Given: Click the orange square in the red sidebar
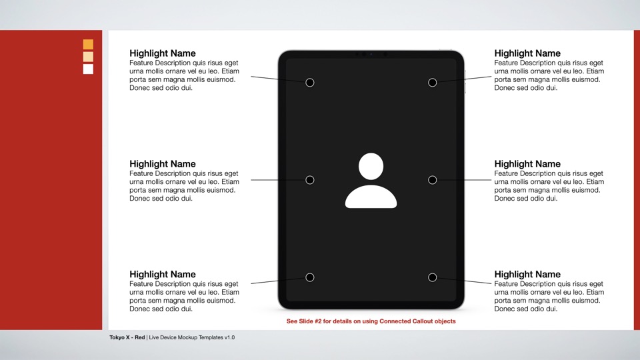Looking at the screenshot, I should (x=88, y=45).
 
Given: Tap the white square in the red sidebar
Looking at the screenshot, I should (x=88, y=69).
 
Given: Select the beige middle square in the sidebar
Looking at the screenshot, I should (x=88, y=57).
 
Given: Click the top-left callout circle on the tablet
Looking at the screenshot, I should (x=309, y=83).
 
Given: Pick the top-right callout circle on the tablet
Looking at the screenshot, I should (x=432, y=83).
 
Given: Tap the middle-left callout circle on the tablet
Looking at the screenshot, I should (x=309, y=180).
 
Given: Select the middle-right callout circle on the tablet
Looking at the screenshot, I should (x=432, y=180).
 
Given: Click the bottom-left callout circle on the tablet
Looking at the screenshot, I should (x=309, y=277).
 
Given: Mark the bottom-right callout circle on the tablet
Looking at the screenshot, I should (x=432, y=277).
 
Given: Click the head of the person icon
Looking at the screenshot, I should (x=371, y=166).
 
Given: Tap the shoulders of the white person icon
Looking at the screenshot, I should (x=371, y=198).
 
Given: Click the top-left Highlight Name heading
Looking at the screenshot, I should (x=163, y=53).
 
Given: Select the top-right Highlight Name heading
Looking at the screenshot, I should (x=527, y=53).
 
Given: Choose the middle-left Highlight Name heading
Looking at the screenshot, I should (x=163, y=164).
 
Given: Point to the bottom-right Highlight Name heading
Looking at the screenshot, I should (x=527, y=275).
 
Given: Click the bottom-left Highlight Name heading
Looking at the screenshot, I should (x=163, y=275).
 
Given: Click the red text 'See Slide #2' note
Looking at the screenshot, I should (x=371, y=321).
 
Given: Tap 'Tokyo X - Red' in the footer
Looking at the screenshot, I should (x=127, y=337).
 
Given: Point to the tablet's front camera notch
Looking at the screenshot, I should (x=371, y=54).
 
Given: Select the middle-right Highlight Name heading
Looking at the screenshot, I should (x=527, y=164).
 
